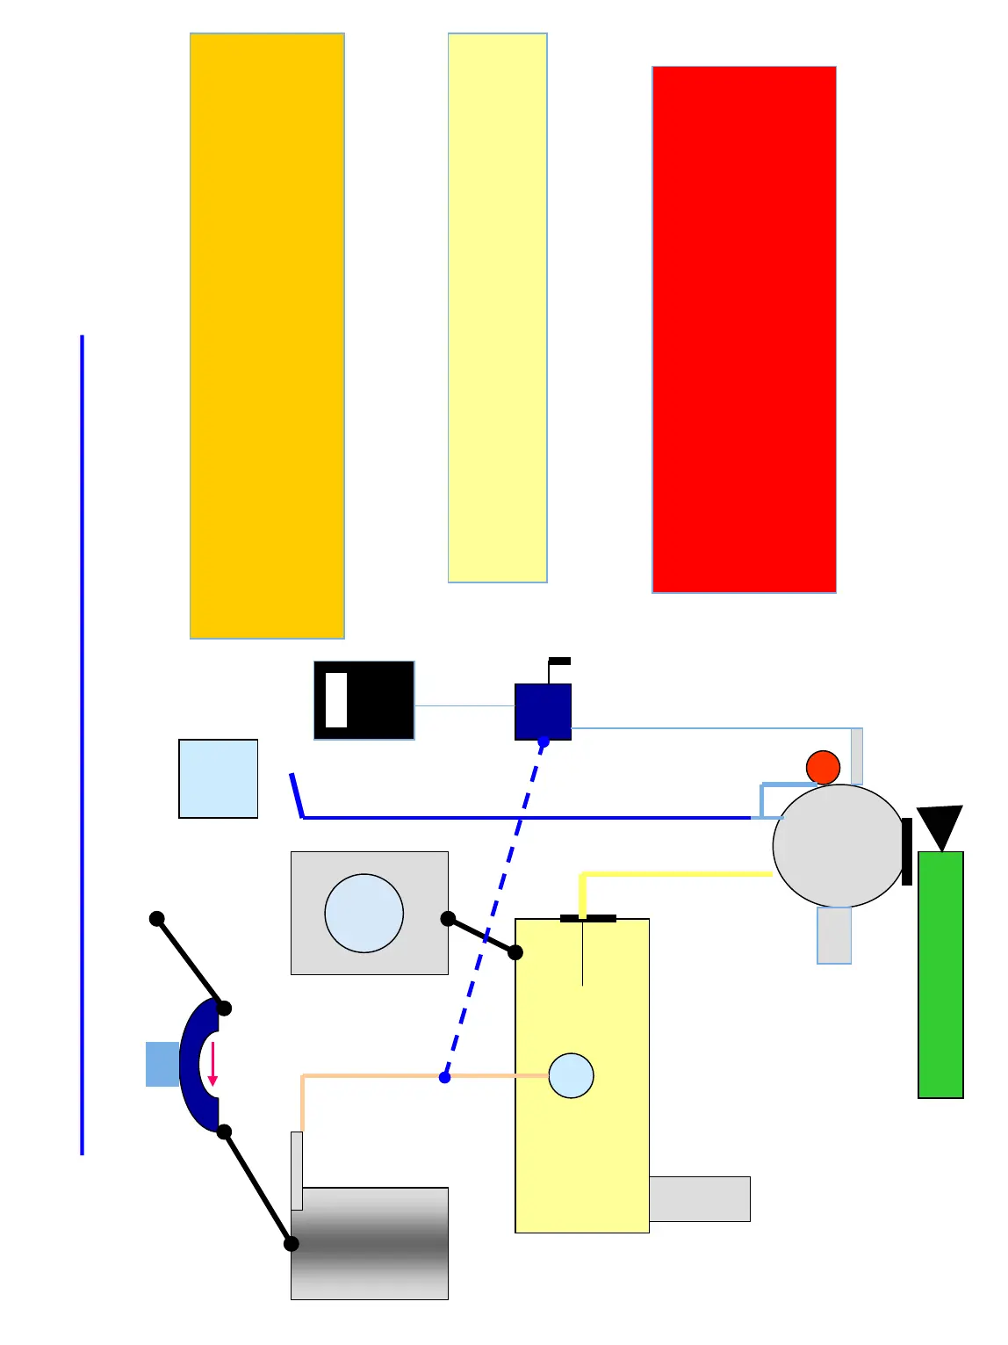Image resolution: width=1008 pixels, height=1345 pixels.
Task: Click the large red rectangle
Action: click(744, 329)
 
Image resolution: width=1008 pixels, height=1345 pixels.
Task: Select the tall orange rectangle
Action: click(267, 336)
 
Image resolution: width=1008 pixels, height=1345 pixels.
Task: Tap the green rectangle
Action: click(940, 974)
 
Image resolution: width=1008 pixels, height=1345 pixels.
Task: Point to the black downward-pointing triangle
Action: click(940, 824)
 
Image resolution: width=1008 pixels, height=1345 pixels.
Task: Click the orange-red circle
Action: click(823, 767)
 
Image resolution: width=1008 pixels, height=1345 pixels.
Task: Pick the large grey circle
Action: click(838, 845)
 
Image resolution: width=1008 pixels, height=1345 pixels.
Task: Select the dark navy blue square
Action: click(543, 711)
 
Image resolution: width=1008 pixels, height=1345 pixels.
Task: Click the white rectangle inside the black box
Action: click(336, 700)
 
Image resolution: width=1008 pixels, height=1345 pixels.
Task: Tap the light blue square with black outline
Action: click(218, 778)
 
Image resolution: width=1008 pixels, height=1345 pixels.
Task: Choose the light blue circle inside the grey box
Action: click(364, 913)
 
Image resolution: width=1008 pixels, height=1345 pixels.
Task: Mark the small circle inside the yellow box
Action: click(571, 1075)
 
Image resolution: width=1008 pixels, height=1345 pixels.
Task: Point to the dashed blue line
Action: click(494, 909)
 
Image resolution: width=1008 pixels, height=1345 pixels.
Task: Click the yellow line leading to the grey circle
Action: click(676, 874)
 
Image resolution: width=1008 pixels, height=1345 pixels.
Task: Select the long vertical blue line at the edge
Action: click(83, 744)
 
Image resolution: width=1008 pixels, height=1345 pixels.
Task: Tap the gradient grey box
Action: click(370, 1243)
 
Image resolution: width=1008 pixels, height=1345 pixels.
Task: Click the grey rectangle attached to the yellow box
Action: click(699, 1198)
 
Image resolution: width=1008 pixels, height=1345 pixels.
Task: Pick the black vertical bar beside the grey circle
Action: click(907, 851)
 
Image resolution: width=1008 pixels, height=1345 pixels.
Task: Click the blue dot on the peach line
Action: click(445, 1077)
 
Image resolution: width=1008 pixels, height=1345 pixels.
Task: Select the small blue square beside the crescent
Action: click(162, 1064)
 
